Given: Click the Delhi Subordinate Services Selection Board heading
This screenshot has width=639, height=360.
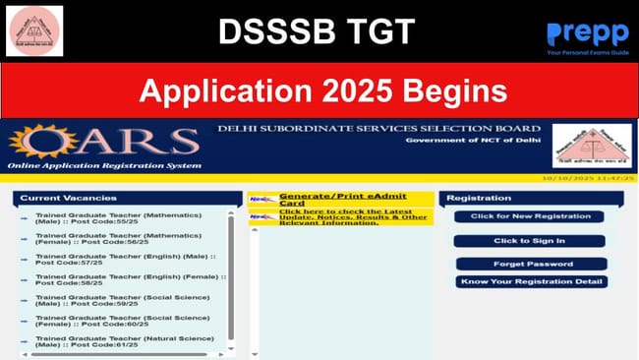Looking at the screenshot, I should [378, 129].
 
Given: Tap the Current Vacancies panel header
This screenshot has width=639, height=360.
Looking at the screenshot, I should [69, 198].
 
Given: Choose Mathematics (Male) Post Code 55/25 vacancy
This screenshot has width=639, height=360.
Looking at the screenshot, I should [119, 217].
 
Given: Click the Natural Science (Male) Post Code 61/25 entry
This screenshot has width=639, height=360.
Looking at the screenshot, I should [120, 342].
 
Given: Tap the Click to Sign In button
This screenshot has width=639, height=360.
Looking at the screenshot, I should [529, 240].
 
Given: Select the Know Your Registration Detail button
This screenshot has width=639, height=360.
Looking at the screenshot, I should [531, 282].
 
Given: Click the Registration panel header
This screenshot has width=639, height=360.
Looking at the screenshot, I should [479, 198].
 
